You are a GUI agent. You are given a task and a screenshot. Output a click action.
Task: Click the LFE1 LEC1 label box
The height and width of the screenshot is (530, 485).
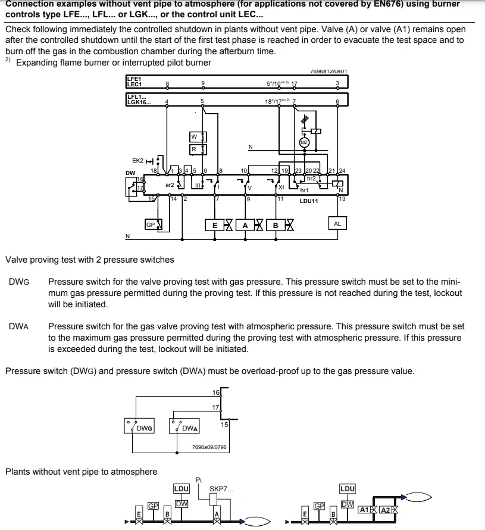click(134, 82)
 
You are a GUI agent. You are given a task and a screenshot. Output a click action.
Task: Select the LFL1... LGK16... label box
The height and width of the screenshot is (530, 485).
click(138, 99)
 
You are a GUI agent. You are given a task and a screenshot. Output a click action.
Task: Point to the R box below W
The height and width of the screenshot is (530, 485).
click(194, 149)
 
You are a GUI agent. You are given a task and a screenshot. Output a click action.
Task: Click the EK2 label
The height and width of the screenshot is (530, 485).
click(137, 160)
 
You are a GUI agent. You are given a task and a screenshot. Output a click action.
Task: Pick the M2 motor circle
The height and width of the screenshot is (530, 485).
click(304, 142)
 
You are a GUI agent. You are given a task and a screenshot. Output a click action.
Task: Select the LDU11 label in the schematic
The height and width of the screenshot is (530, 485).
click(309, 201)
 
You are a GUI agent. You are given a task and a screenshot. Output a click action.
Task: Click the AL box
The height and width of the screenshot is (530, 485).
click(337, 224)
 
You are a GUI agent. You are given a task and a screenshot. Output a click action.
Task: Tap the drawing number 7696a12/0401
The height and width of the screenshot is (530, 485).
click(330, 71)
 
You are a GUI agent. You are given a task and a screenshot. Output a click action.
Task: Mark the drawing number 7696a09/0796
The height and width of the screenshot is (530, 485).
click(209, 447)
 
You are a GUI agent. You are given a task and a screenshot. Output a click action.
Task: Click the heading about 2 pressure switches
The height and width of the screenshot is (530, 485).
click(90, 260)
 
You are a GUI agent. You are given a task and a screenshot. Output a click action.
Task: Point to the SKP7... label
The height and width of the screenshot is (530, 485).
click(221, 489)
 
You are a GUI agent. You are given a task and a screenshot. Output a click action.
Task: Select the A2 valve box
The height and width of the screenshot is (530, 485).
click(386, 510)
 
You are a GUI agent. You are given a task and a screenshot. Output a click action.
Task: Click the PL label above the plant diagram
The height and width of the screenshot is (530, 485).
click(199, 479)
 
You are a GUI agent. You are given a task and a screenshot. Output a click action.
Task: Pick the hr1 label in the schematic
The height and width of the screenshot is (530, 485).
click(304, 190)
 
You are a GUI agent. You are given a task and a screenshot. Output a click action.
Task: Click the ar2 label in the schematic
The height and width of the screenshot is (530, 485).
click(170, 185)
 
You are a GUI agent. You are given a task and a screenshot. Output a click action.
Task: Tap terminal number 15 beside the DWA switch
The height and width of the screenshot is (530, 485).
click(224, 425)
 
